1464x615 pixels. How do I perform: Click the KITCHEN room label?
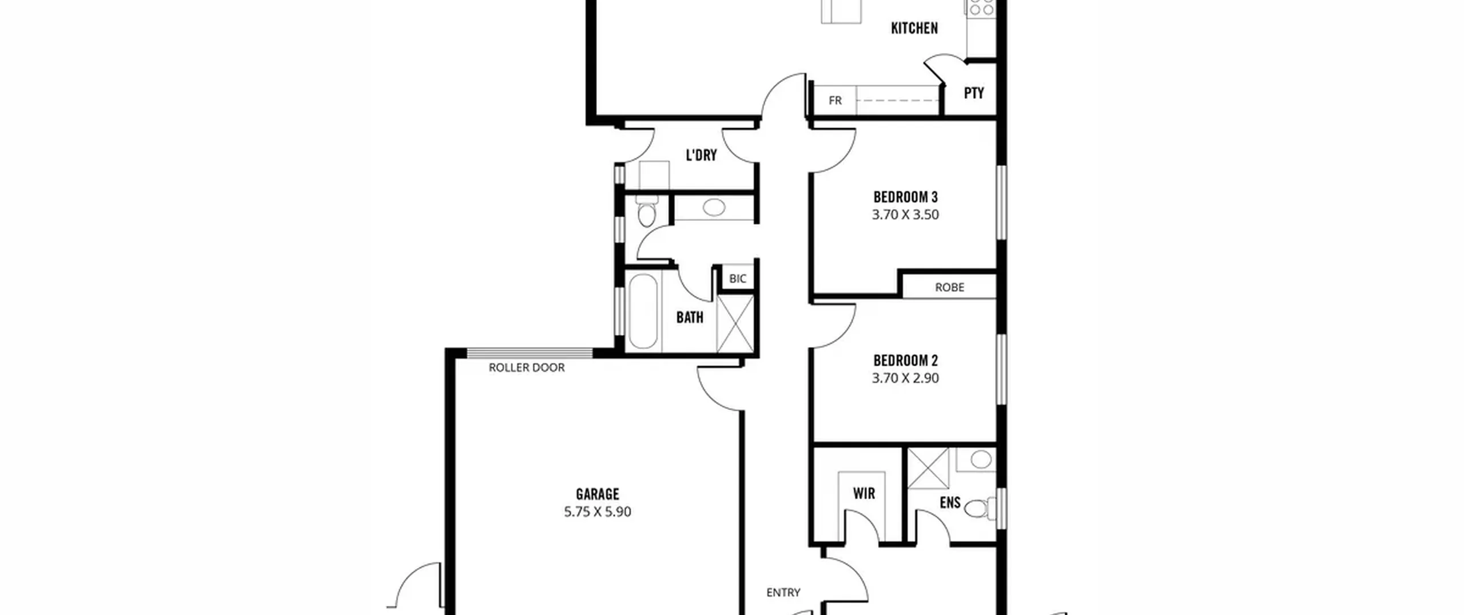coord(914,28)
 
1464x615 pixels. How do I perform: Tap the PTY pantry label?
coord(974,93)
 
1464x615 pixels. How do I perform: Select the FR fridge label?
coord(835,101)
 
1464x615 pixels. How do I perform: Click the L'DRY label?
coord(701,155)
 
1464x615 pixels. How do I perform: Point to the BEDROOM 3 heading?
coord(905,197)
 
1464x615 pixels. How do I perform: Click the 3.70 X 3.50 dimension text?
coord(905,215)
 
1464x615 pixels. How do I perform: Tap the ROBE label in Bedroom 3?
coord(949,287)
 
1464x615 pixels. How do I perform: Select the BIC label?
coord(738,279)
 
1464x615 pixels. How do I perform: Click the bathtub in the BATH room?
coord(643,311)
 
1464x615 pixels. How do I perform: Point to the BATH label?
coord(690,318)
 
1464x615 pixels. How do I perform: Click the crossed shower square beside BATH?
coord(735,323)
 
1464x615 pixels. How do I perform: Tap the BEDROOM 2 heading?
coord(905,361)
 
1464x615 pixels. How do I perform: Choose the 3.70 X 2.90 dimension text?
coord(905,378)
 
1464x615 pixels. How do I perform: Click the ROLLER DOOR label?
coord(527,368)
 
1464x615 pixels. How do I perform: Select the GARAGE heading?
coord(598,494)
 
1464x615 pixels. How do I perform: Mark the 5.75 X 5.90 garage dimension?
coord(598,511)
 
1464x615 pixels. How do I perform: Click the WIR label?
coord(864,493)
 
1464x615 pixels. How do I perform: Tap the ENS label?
coord(950,503)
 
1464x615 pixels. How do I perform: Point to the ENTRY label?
coord(783,593)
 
